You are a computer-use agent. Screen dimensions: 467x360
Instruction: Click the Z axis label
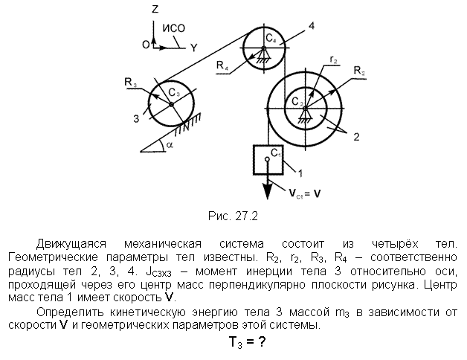(155, 10)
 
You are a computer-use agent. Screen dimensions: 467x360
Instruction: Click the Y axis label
(194, 48)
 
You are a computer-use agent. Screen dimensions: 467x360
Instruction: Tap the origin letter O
(146, 45)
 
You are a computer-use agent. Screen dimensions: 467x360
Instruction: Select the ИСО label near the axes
(173, 28)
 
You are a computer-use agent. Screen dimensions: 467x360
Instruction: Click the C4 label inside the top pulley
(271, 39)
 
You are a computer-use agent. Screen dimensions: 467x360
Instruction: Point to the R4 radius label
(222, 65)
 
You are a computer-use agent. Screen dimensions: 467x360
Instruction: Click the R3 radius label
(130, 82)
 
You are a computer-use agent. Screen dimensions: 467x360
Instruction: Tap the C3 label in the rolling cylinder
(174, 93)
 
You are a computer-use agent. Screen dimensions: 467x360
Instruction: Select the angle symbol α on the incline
(170, 145)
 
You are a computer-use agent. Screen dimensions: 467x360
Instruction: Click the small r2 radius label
(334, 60)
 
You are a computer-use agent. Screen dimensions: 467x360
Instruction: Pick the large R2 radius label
(359, 71)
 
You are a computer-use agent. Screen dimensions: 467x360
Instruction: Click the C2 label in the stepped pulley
(297, 102)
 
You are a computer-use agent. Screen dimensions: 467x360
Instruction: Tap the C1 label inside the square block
(276, 153)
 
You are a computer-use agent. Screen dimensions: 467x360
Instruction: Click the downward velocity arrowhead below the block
(268, 192)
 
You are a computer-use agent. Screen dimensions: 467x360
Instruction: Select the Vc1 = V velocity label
(304, 193)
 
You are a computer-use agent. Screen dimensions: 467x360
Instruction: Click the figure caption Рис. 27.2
(233, 216)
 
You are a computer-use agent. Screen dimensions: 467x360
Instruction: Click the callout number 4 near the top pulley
(312, 26)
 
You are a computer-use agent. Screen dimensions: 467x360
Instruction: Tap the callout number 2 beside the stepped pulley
(356, 137)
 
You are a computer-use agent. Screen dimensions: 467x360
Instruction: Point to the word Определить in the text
(71, 312)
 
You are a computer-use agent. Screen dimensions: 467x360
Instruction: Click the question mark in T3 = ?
(261, 341)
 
